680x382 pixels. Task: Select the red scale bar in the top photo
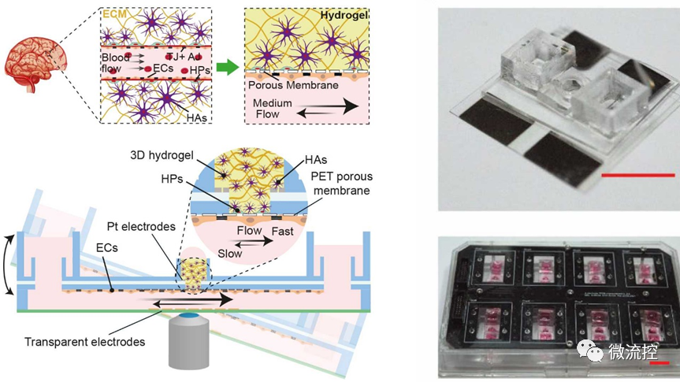point(637,175)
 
